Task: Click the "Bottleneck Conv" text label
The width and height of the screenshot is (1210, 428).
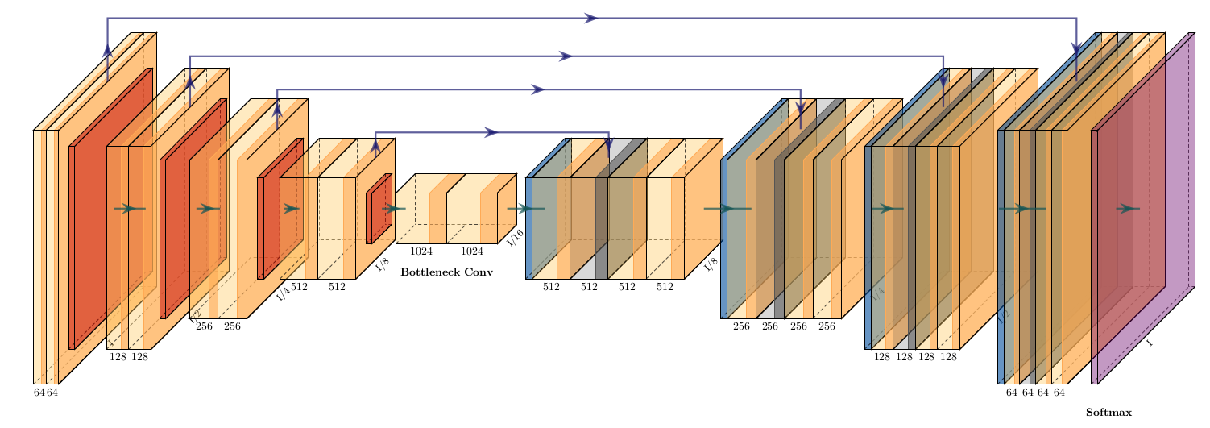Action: [446, 272]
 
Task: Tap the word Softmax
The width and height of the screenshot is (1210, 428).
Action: [1108, 413]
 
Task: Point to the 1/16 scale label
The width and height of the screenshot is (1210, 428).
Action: [516, 237]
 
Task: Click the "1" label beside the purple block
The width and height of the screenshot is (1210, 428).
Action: [1150, 343]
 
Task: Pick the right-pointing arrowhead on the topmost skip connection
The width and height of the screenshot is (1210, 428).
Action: [591, 18]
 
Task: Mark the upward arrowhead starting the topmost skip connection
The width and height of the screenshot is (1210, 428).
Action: [107, 50]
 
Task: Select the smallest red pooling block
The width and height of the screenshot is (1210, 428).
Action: [378, 208]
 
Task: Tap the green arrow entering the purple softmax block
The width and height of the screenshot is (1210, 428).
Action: [1127, 209]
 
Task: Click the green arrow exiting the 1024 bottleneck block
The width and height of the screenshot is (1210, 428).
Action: [524, 209]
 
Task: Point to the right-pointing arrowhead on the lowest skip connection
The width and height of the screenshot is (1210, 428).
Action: [491, 132]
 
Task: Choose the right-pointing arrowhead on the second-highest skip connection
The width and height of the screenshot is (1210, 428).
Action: [566, 56]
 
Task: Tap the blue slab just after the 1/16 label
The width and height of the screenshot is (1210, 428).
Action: [528, 228]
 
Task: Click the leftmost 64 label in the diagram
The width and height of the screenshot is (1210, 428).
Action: [39, 393]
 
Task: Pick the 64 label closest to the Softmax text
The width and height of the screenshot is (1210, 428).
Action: [1059, 393]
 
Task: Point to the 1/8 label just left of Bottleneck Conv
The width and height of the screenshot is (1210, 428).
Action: [382, 264]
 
